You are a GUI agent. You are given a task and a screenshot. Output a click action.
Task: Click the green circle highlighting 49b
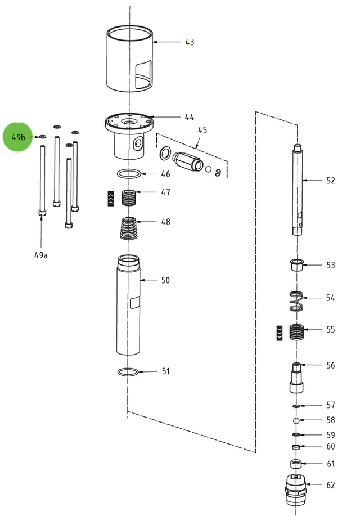click(x=19, y=137)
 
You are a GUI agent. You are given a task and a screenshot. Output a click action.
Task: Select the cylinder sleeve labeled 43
click(x=129, y=59)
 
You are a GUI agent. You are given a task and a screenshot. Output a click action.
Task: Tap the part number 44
click(x=190, y=117)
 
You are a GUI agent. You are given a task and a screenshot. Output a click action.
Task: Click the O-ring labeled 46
click(x=129, y=174)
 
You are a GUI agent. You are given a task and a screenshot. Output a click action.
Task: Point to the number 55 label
click(x=330, y=329)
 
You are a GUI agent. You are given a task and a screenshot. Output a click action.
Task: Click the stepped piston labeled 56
click(x=296, y=378)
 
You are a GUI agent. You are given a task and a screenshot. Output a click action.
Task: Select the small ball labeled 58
click(x=296, y=420)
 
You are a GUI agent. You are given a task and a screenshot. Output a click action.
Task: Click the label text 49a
click(x=41, y=254)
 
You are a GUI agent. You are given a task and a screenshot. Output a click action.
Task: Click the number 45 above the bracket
click(x=202, y=130)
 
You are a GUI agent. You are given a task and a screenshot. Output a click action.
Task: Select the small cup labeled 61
click(x=296, y=464)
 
